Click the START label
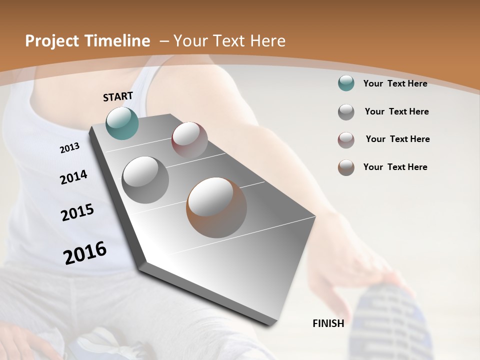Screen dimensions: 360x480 pos(118,96)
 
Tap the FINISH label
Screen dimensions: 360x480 pos(328,323)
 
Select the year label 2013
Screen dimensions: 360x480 pos(69,148)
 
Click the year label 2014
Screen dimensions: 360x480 pos(73,177)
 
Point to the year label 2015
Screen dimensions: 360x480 pos(77,212)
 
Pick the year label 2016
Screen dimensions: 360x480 pos(85,253)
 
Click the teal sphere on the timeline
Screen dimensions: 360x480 pos(122,123)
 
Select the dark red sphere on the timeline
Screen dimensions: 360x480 pos(189,139)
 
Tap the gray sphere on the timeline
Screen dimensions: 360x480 pos(145,179)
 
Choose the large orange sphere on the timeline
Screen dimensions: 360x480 pos(216,207)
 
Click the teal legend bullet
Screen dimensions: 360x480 pos(346,83)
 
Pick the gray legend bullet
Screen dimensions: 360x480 pos(346,112)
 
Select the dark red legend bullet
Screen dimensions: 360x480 pos(346,140)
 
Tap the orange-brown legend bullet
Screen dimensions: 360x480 pos(346,167)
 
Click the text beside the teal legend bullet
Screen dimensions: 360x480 pos(395,83)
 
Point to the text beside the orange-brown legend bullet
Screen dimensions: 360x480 pos(395,167)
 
